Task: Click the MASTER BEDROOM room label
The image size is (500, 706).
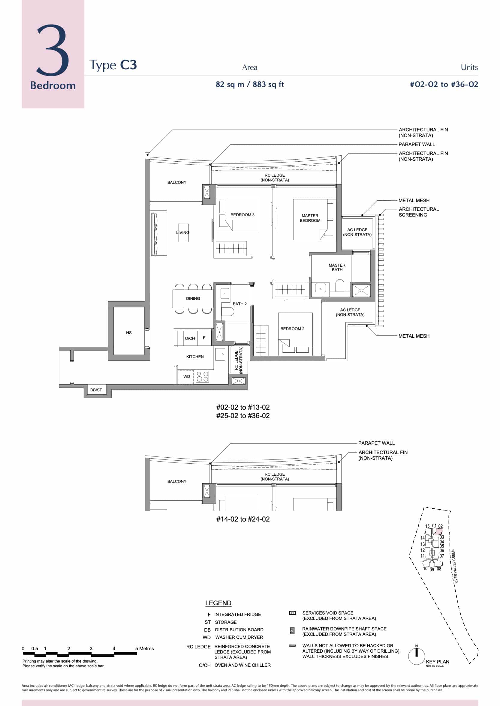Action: click(x=310, y=218)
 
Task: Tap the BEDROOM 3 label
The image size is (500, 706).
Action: click(x=242, y=215)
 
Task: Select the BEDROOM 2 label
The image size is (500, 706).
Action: click(x=292, y=328)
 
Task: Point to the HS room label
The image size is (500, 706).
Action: click(x=129, y=333)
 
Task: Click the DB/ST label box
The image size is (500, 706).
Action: click(x=96, y=390)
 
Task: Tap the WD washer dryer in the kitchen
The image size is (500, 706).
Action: click(x=187, y=376)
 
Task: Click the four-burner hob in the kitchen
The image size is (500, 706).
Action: click(x=202, y=376)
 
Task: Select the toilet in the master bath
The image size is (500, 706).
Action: click(x=340, y=285)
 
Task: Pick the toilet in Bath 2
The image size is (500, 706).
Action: click(x=228, y=311)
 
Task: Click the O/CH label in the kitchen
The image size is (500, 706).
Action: click(x=190, y=338)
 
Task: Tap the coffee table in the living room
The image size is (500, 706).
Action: click(x=183, y=232)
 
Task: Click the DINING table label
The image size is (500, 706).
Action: click(x=193, y=298)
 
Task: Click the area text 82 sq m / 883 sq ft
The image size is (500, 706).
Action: click(x=250, y=84)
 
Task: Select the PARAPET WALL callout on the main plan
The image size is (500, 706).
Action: click(x=417, y=144)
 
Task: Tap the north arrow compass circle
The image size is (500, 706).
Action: click(x=416, y=657)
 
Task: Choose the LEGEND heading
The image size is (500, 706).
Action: click(x=218, y=603)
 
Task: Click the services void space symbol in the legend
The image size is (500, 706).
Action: click(x=292, y=613)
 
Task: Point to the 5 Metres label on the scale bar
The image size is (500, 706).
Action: click(x=144, y=648)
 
